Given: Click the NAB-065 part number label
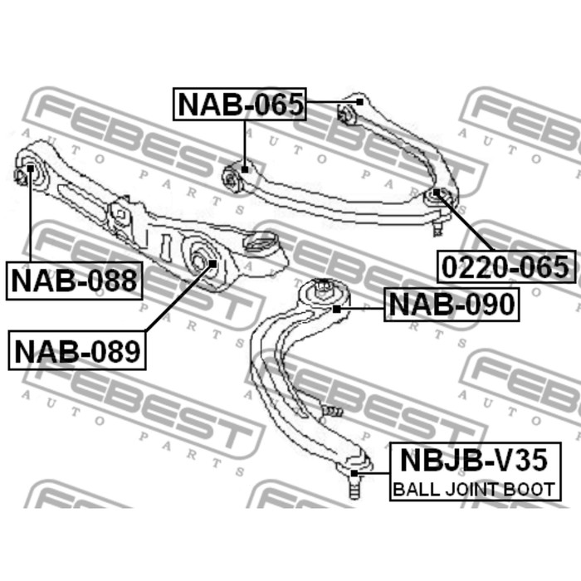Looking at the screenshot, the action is [x=240, y=105].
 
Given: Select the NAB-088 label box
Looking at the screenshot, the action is [x=74, y=281].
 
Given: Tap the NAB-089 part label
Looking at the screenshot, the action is [x=77, y=351].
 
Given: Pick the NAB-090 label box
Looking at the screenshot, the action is [x=452, y=305].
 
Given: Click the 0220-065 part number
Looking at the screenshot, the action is [x=506, y=266].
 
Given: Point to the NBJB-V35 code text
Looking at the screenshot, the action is [x=474, y=460].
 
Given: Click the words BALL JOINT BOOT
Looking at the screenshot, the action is [x=474, y=489].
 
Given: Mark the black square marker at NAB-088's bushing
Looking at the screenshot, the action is [x=31, y=168].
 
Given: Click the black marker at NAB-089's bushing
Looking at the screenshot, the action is [x=212, y=263].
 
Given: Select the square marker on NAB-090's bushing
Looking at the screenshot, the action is [x=336, y=309].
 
